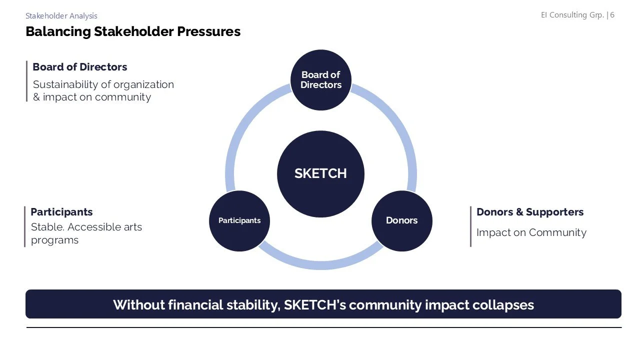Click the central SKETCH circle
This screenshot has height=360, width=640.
(x=320, y=173)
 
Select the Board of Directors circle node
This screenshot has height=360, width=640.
(x=320, y=80)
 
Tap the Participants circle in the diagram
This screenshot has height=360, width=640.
(x=239, y=220)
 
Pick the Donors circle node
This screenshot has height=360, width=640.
(x=401, y=220)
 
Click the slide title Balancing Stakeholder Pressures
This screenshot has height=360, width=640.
(x=133, y=31)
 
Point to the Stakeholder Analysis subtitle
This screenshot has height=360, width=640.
(x=61, y=16)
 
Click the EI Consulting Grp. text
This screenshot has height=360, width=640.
(x=572, y=15)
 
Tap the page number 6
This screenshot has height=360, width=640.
(x=612, y=15)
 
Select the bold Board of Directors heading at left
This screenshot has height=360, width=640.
(x=80, y=67)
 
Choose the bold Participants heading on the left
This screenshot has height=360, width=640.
(x=61, y=212)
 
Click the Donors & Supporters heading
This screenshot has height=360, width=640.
(x=530, y=212)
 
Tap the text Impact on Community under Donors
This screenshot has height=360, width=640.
(x=531, y=232)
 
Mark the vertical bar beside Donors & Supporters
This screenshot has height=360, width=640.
(x=470, y=226)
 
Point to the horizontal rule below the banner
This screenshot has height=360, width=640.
(x=323, y=327)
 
